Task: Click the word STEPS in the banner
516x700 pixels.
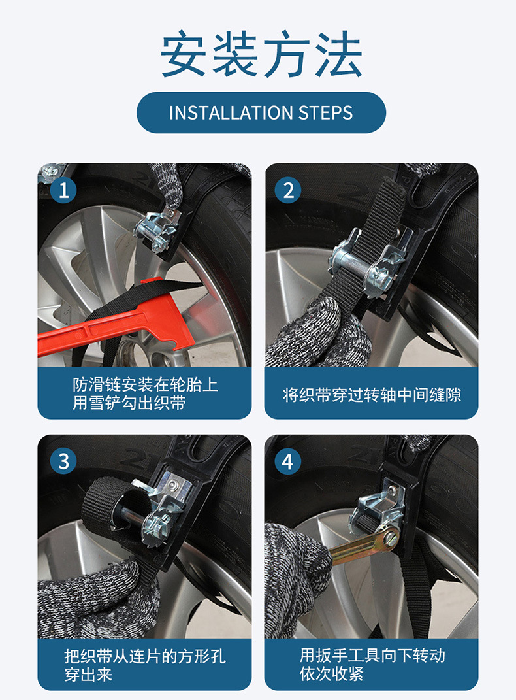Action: [x=325, y=112]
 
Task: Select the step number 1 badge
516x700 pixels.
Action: [x=63, y=190]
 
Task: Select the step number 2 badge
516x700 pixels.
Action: [x=288, y=190]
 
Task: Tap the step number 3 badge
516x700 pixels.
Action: [x=63, y=461]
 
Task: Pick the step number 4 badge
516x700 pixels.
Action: [x=288, y=461]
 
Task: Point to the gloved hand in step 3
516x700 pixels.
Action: [x=96, y=601]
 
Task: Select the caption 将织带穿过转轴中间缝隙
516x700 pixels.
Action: [x=372, y=395]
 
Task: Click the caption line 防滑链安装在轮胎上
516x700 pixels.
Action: [x=146, y=384]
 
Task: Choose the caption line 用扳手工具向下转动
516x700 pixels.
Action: [x=372, y=655]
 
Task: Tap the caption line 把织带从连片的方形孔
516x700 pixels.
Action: [x=145, y=656]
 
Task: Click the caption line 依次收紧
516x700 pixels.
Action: [x=331, y=674]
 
